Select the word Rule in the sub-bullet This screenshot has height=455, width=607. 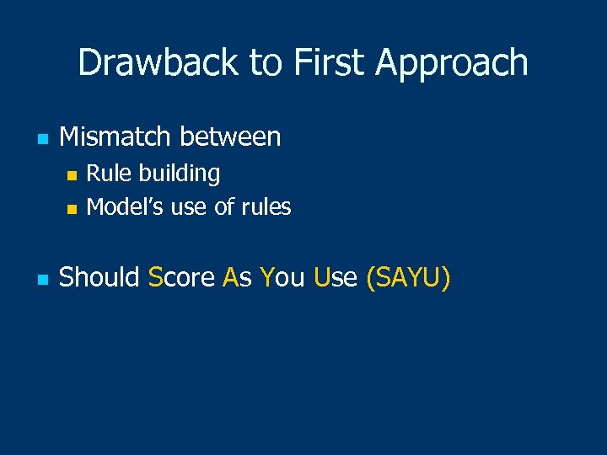(105, 174)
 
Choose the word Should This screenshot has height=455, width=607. (99, 277)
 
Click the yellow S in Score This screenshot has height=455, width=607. (154, 277)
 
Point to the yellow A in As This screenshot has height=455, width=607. (230, 277)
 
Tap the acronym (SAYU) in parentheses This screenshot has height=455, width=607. (408, 277)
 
